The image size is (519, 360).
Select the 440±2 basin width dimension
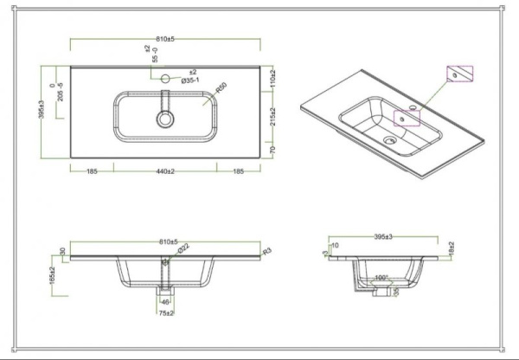164,171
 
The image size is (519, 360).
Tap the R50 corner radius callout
221,88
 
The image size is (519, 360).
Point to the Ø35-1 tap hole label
190,81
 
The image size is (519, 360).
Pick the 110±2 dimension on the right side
271,80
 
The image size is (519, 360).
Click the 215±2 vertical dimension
271,116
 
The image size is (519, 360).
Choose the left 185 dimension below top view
92,171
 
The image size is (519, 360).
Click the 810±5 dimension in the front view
164,243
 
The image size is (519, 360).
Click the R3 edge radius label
267,251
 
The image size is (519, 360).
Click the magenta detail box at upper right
461,74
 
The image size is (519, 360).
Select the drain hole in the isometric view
389,138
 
